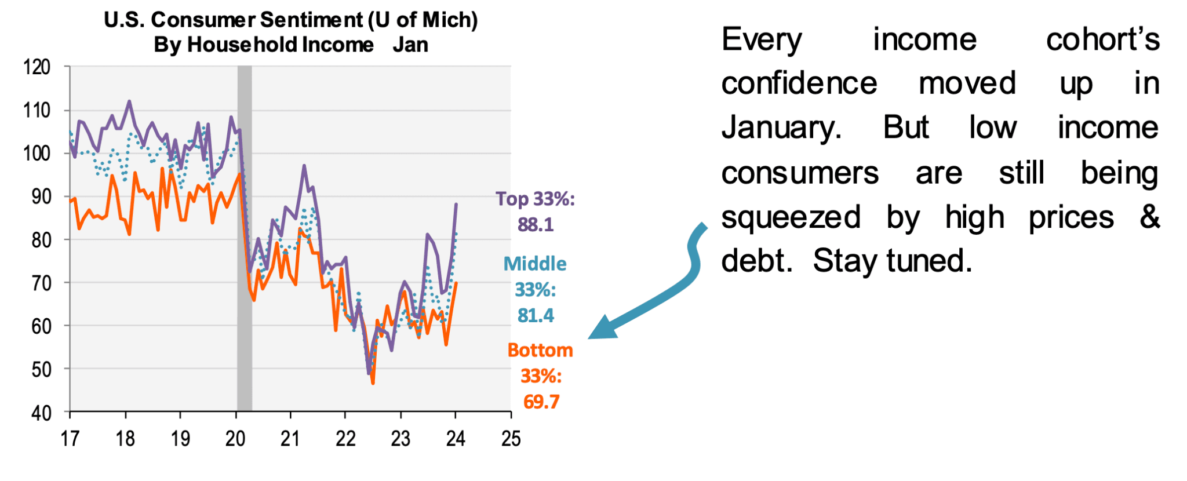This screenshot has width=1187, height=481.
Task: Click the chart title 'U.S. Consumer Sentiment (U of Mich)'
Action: (290, 20)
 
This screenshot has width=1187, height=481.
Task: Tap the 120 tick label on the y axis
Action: (37, 67)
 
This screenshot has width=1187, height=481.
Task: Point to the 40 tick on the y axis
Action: (41, 413)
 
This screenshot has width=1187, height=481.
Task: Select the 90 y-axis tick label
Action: (41, 196)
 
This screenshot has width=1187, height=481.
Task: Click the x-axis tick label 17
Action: (70, 438)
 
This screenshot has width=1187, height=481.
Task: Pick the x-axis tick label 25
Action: (511, 438)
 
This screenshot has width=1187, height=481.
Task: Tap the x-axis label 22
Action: (345, 438)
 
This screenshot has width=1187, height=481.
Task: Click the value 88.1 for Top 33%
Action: (536, 224)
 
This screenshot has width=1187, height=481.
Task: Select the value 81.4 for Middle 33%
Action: (536, 315)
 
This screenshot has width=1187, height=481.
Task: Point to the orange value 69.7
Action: (541, 402)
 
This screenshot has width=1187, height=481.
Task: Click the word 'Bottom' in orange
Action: (540, 350)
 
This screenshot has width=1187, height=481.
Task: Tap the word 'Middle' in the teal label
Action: (535, 264)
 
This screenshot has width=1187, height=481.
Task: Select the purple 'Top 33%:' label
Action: (535, 199)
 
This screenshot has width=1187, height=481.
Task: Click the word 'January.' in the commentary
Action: (781, 127)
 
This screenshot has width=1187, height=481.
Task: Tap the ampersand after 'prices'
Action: (1149, 217)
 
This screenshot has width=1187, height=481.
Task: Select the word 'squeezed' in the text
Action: (791, 217)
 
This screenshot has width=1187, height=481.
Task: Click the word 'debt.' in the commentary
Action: (756, 261)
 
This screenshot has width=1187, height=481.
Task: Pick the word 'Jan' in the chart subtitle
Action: (410, 45)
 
